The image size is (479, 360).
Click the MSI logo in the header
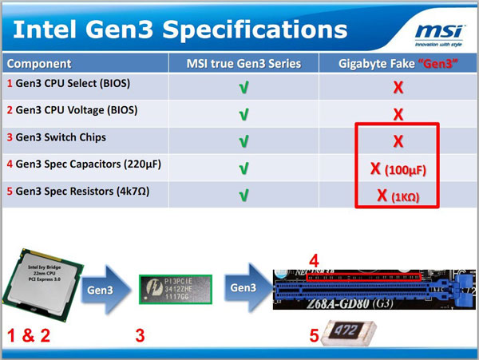coord(437,32)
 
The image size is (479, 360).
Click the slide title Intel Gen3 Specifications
coord(181,30)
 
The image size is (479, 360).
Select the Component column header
coord(39,63)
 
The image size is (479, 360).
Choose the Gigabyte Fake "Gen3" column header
coord(396,63)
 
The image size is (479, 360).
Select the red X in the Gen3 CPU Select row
coord(396,87)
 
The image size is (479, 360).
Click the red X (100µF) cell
coord(396,168)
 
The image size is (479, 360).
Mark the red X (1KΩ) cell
coord(396,194)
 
